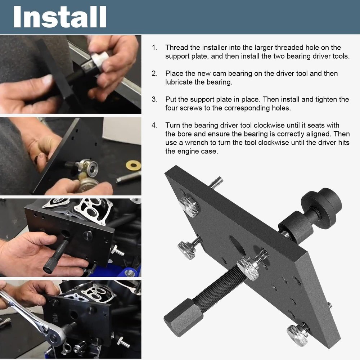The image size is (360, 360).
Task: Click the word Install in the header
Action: (60, 17)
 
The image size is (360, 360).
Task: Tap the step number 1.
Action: (154, 48)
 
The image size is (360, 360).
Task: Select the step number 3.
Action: (154, 99)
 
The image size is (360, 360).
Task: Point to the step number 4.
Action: (154, 125)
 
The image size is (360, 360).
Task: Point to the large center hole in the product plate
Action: (238, 246)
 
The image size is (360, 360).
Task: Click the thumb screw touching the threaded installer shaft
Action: (248, 268)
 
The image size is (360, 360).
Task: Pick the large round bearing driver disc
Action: (321, 203)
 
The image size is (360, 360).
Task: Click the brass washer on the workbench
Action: (133, 165)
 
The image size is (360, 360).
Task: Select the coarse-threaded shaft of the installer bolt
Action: (216, 288)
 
